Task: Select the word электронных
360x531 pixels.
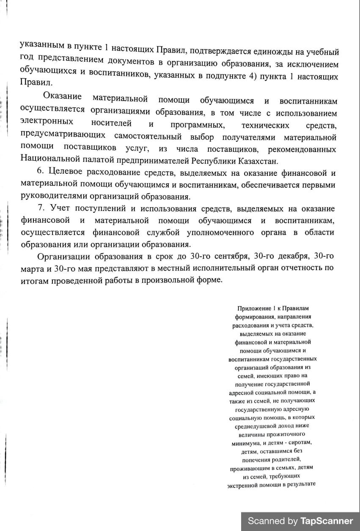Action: [x=47, y=122]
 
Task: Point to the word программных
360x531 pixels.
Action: [x=197, y=125]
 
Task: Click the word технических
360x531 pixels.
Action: [x=265, y=125]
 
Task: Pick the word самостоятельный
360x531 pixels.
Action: [x=148, y=137]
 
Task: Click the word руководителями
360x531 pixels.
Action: [x=51, y=197]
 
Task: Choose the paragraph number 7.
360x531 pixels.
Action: [x=41, y=208]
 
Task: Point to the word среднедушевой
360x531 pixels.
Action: [x=258, y=426]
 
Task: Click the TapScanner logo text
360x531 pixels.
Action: [x=327, y=521]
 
